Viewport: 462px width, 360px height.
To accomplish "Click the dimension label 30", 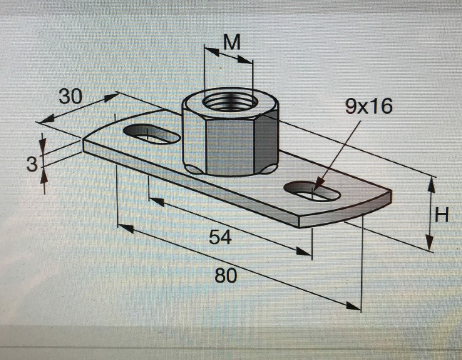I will [70, 97].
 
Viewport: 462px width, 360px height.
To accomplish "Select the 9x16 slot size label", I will [368, 107].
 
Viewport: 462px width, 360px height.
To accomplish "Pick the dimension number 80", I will [225, 275].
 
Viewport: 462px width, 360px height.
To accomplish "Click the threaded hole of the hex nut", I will [230, 103].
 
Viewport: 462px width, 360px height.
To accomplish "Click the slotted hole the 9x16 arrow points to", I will [312, 192].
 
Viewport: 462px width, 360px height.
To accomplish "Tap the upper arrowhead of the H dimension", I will [432, 185].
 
